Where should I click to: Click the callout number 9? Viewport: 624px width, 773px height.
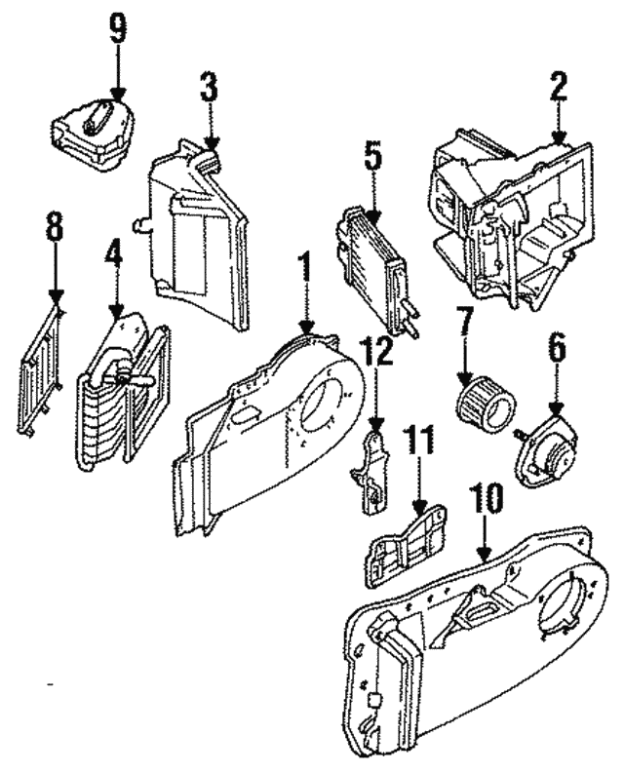point(117,28)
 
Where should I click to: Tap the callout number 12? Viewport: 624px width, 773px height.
point(375,352)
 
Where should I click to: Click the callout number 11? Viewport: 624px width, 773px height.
point(417,444)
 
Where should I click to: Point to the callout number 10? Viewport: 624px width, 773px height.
point(487,499)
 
